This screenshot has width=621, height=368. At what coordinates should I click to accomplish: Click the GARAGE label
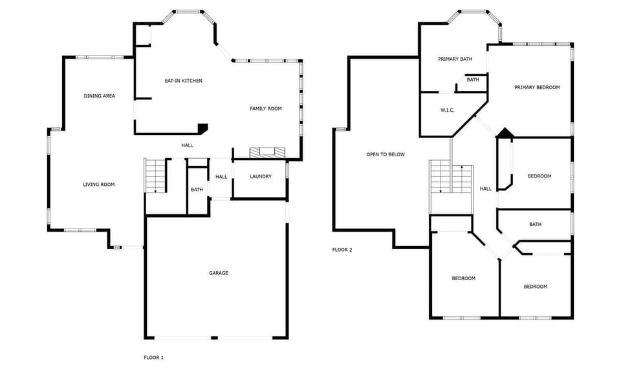(x=218, y=273)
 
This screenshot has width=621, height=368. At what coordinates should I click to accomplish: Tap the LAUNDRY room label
(x=260, y=176)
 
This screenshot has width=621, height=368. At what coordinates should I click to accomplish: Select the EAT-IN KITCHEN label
(x=183, y=81)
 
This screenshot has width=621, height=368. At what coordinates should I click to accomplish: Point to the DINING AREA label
(x=100, y=96)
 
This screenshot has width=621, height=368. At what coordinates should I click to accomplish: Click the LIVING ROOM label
(x=98, y=185)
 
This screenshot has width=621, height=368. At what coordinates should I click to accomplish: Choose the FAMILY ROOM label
(x=266, y=108)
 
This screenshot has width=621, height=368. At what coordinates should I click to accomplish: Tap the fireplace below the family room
(x=267, y=152)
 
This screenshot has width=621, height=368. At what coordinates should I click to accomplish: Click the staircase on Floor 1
(x=156, y=175)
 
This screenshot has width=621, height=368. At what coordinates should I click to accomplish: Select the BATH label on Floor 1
(x=197, y=190)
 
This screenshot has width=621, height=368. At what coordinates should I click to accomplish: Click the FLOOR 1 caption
(x=153, y=357)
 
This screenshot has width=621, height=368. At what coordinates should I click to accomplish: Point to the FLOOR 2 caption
(x=342, y=249)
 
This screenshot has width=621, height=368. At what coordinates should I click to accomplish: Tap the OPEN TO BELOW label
(x=386, y=154)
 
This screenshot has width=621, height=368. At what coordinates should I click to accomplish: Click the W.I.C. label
(x=448, y=110)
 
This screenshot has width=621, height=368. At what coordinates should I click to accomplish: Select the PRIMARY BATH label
(x=455, y=59)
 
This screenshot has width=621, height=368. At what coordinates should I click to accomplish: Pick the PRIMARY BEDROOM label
(x=537, y=87)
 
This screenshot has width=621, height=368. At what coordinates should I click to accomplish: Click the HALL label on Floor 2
(x=485, y=189)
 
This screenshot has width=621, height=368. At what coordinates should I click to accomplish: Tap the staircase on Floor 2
(x=452, y=179)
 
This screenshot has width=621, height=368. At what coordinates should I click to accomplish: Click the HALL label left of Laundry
(x=221, y=177)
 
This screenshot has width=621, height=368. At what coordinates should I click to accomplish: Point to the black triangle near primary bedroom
(x=504, y=133)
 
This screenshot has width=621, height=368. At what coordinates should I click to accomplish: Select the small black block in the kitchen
(x=202, y=128)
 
